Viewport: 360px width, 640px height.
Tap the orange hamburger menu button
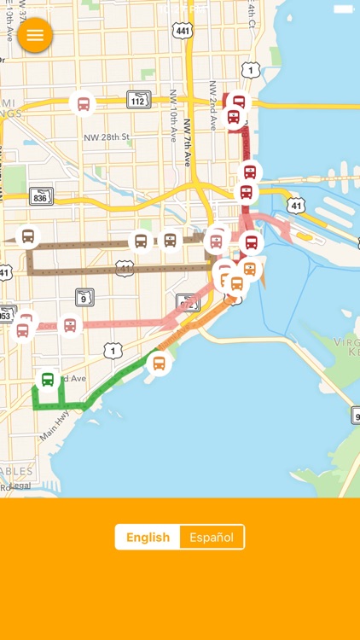click(x=35, y=35)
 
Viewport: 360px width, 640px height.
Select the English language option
click(x=148, y=538)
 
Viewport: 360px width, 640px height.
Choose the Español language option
click(x=212, y=538)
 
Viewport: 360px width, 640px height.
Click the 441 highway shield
click(x=182, y=31)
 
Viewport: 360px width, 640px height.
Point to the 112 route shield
click(x=139, y=100)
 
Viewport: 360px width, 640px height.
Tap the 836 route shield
click(x=41, y=196)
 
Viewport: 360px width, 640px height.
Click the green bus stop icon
click(x=48, y=380)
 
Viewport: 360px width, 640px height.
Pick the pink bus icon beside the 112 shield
click(x=83, y=104)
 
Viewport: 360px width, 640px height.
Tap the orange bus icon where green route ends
click(x=158, y=364)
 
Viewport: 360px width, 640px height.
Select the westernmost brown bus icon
click(x=28, y=236)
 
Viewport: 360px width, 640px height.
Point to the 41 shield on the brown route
click(x=125, y=267)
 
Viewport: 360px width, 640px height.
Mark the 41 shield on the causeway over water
click(x=295, y=205)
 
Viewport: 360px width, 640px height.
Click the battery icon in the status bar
click(x=343, y=9)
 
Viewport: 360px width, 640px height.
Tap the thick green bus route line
click(x=107, y=387)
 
